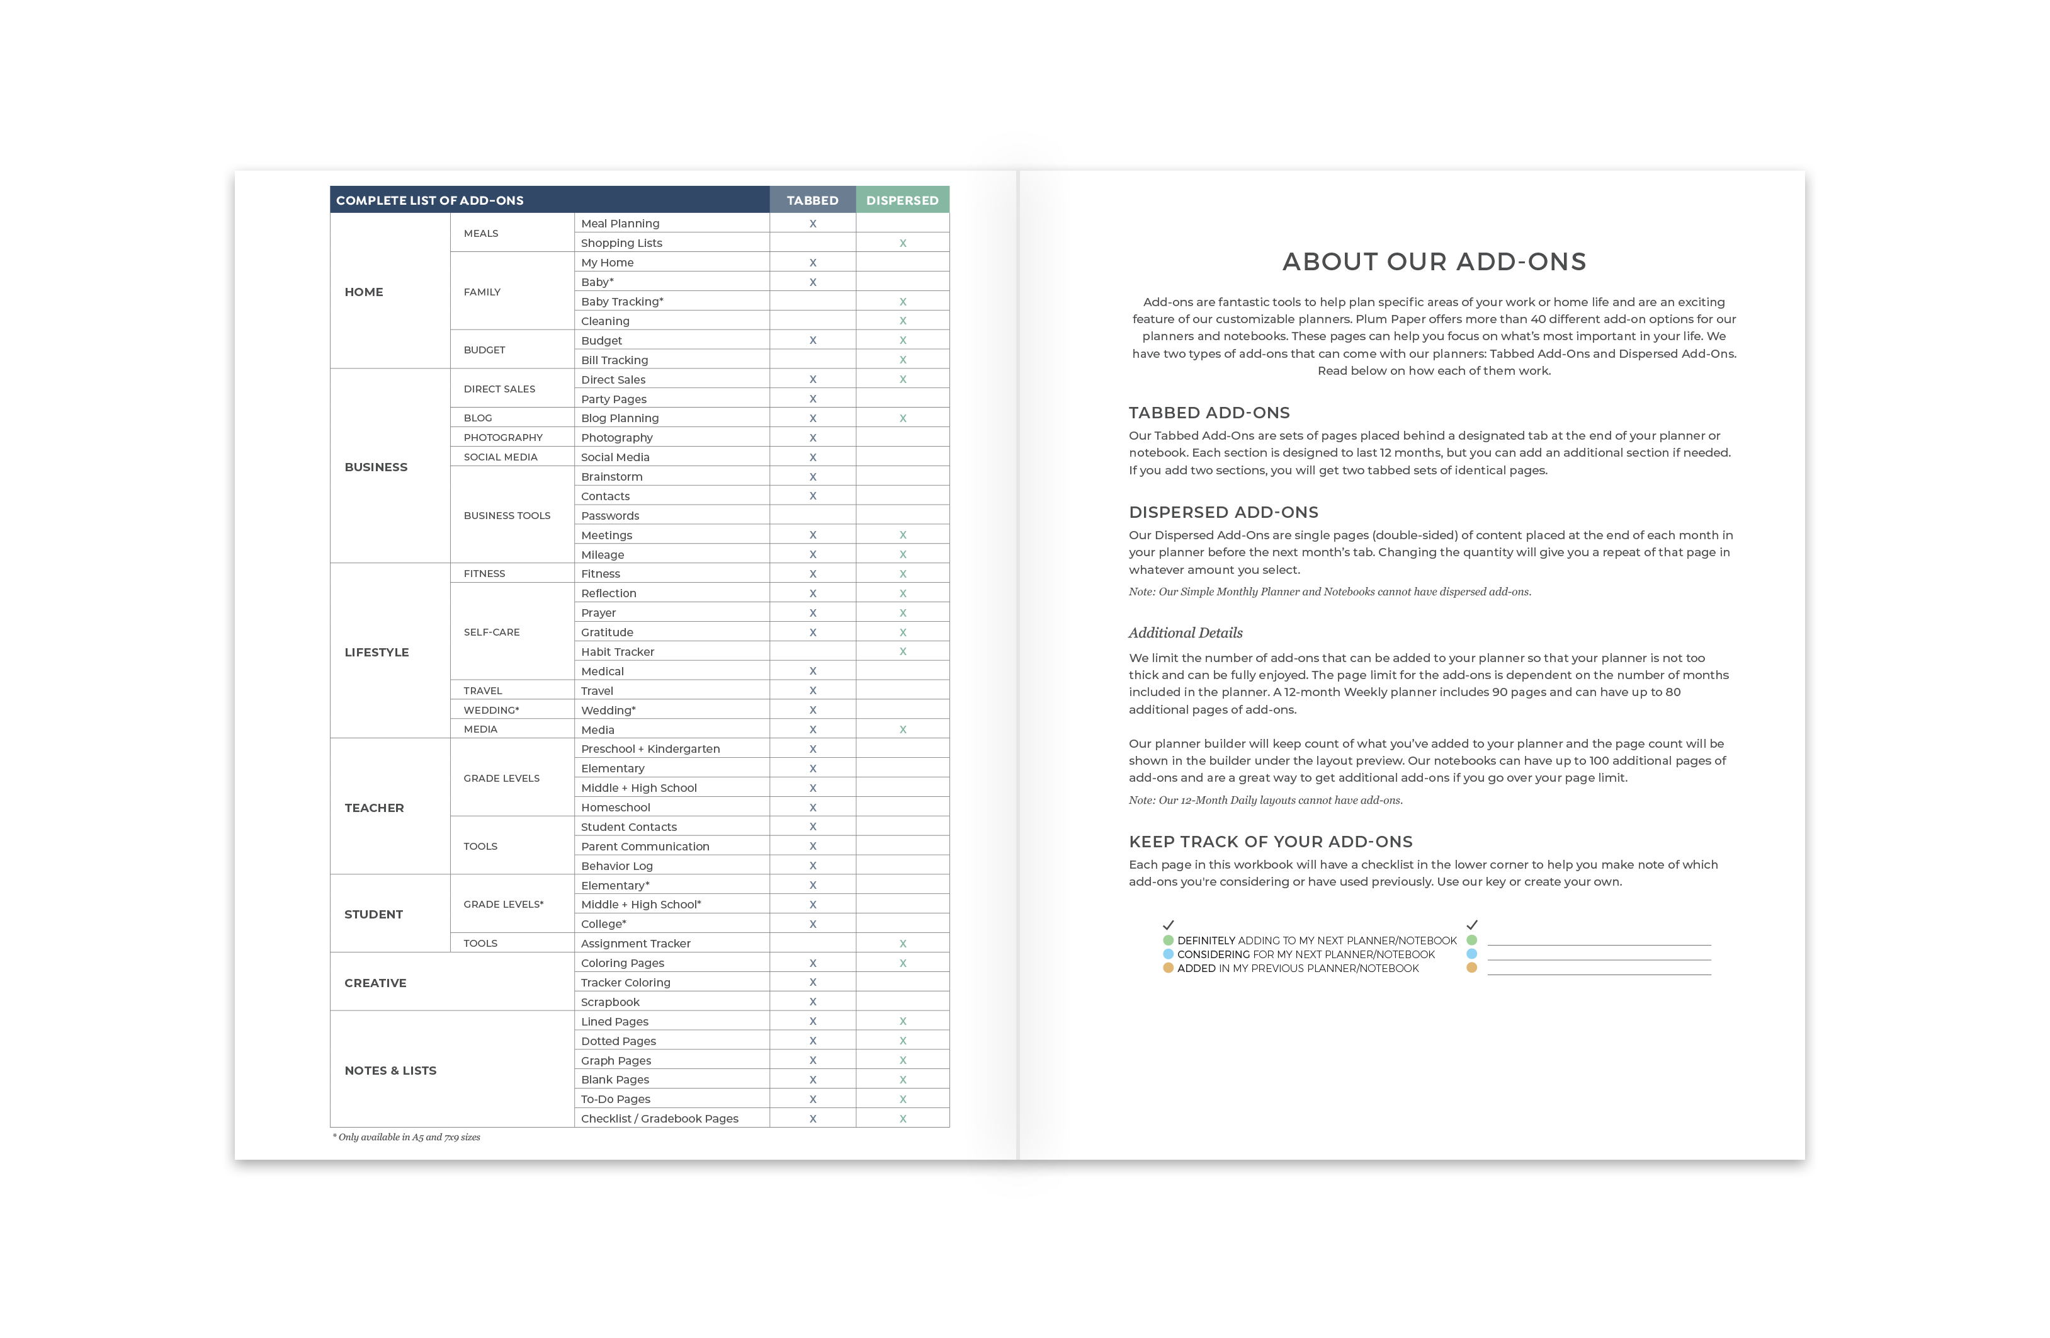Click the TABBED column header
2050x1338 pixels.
tap(812, 200)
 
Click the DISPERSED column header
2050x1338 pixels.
tap(902, 200)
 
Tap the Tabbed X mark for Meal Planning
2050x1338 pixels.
tap(812, 223)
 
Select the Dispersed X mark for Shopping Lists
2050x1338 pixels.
tap(903, 243)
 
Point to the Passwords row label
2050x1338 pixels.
tap(610, 515)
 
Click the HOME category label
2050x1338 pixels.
tap(363, 292)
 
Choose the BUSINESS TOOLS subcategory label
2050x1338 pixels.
tap(506, 515)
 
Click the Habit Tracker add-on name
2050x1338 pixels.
tap(618, 651)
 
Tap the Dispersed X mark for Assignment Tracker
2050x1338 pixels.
tap(903, 944)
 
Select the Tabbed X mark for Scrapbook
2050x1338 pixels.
tap(812, 1001)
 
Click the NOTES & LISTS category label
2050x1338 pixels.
tap(390, 1070)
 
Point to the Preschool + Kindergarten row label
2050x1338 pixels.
tap(650, 749)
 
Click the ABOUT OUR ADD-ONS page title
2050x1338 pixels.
tap(1433, 261)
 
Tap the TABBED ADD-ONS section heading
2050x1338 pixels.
tap(1208, 413)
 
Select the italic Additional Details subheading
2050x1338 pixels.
tap(1185, 632)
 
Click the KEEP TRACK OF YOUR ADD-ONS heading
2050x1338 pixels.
tap(1271, 841)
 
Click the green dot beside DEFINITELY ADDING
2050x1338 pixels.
tap(1168, 940)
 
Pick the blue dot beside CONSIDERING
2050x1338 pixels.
tap(1168, 954)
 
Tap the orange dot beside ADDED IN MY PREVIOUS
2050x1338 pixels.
tap(1168, 968)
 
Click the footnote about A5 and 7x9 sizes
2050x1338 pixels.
tap(407, 1137)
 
